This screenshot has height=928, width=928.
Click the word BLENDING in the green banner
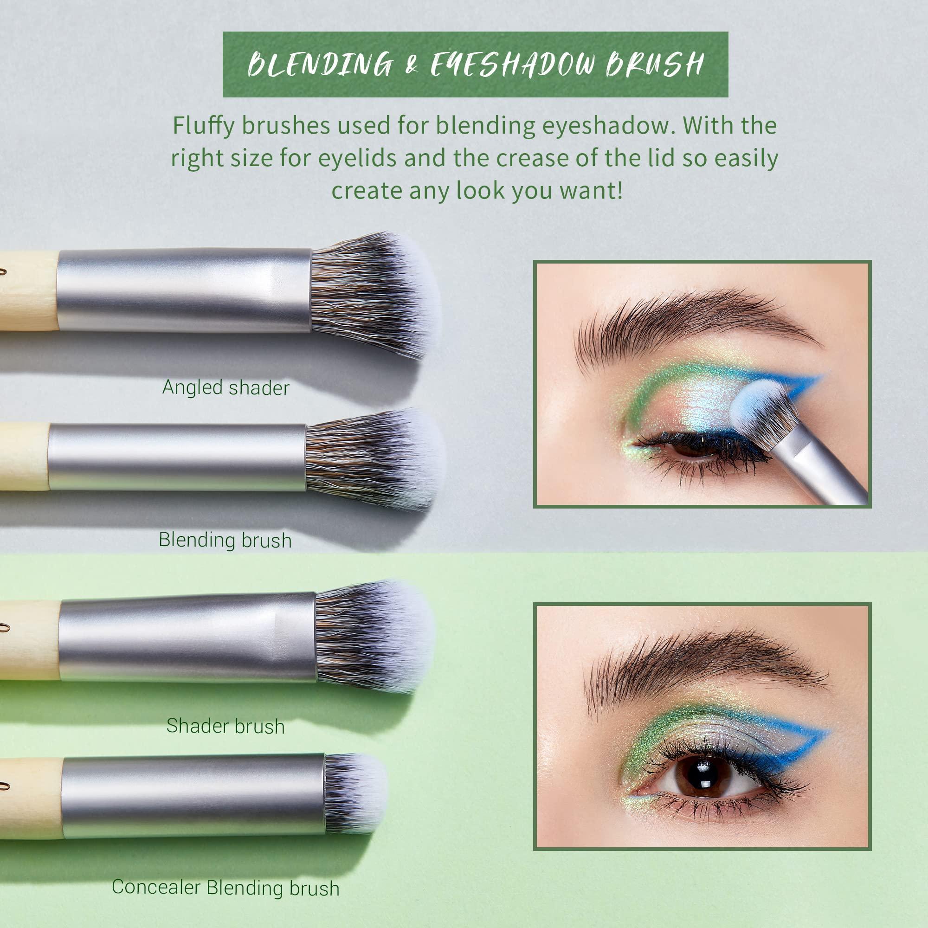pyautogui.click(x=319, y=65)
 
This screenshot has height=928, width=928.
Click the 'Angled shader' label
pyautogui.click(x=226, y=387)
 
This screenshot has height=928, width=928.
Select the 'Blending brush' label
pyautogui.click(x=225, y=540)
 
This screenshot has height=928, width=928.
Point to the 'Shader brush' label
pyautogui.click(x=226, y=726)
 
